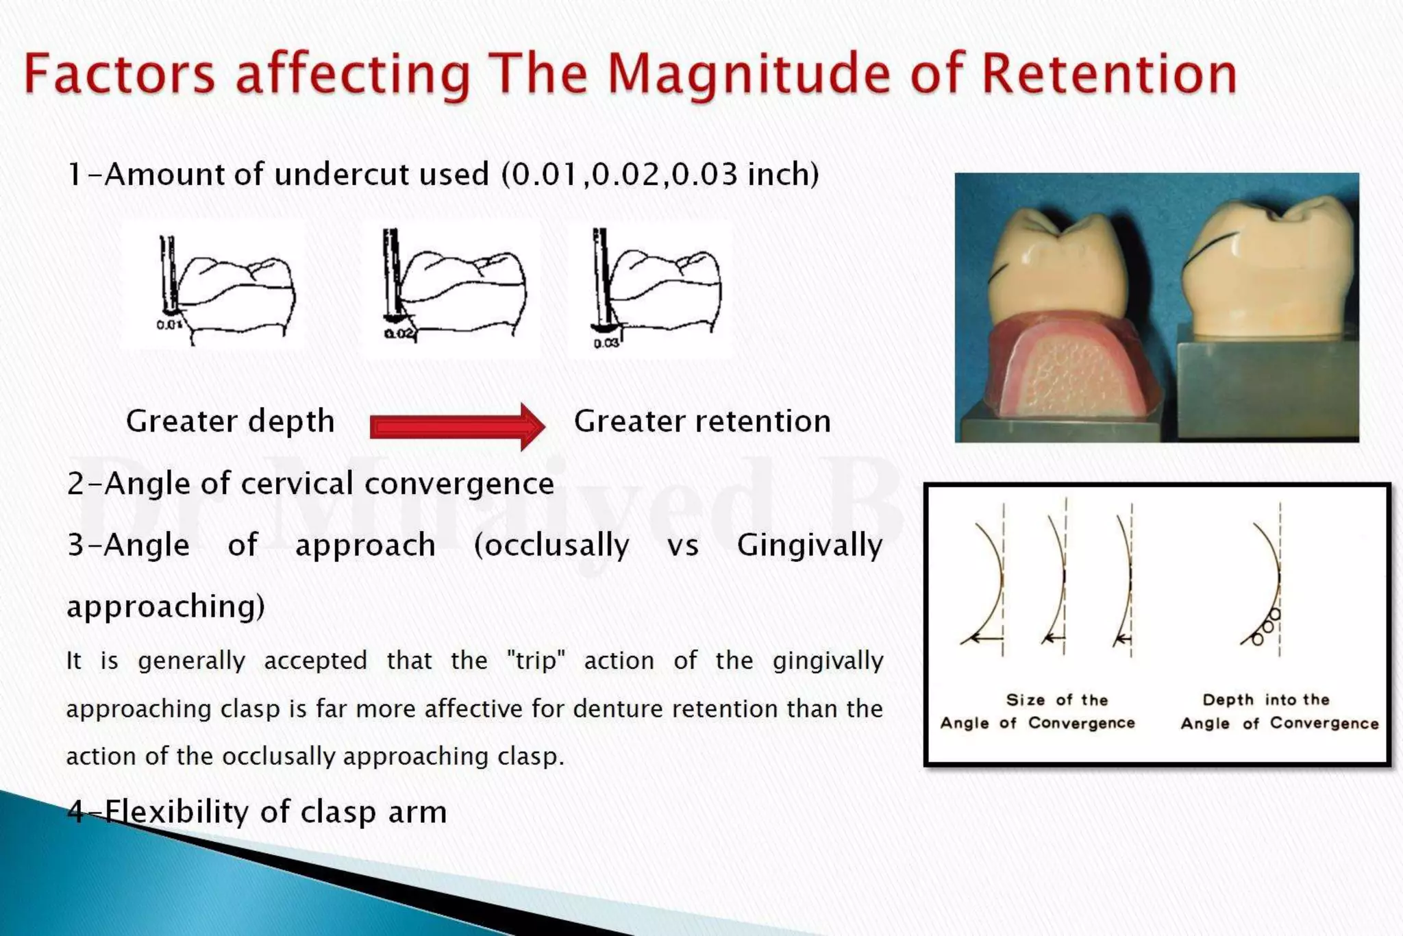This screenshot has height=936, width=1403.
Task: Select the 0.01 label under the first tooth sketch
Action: [169, 324]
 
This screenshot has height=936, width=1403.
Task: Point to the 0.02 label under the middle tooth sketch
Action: [399, 334]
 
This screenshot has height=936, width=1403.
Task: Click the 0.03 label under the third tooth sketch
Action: [606, 343]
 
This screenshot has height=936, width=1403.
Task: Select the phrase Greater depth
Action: [230, 421]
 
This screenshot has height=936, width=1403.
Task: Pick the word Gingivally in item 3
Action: [810, 546]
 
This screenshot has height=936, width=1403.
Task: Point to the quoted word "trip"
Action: [536, 660]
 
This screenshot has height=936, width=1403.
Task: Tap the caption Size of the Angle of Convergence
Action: [1037, 711]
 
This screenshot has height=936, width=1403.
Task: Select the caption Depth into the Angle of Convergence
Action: [1279, 711]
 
